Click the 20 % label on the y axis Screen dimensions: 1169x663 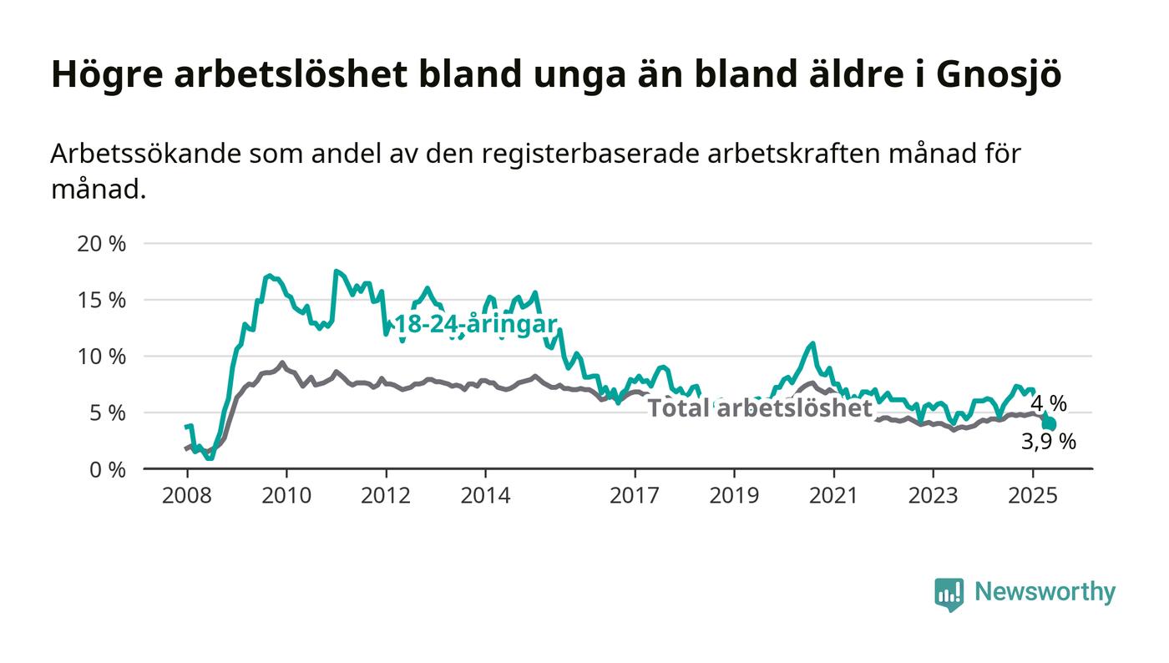[101, 244]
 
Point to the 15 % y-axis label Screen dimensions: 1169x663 [102, 300]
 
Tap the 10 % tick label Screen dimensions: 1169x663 [102, 357]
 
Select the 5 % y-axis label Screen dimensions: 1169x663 [108, 413]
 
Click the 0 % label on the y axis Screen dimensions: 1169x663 [108, 470]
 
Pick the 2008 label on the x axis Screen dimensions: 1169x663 [187, 495]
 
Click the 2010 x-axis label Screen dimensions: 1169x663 [286, 495]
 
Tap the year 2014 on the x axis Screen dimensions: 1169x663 [485, 495]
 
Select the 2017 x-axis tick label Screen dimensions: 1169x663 [635, 495]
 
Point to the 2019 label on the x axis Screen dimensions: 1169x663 [734, 495]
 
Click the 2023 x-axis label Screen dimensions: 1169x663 [934, 495]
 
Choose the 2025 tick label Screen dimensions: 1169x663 [1033, 495]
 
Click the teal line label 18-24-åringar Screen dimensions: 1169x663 [476, 324]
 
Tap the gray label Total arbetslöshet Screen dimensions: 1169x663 [760, 407]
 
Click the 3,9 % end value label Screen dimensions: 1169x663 [1049, 442]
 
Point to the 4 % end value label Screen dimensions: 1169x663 [1049, 403]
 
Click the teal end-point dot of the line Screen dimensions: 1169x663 [1050, 424]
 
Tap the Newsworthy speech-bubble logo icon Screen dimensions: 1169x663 [949, 594]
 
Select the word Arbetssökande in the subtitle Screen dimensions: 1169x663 [145, 154]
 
